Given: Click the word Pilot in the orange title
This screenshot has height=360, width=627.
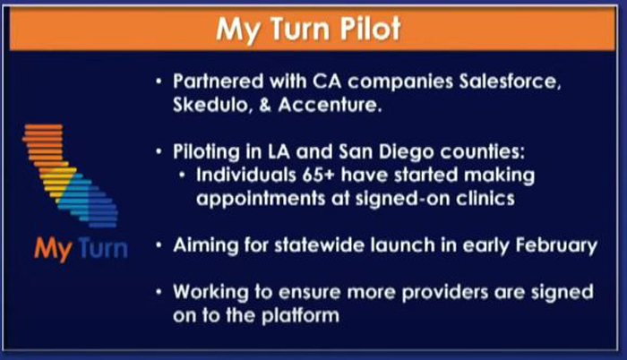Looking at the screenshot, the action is click(369, 29).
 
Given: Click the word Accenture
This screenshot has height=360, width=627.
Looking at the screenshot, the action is click(330, 105).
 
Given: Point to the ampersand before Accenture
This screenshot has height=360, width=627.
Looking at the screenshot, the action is click(265, 105).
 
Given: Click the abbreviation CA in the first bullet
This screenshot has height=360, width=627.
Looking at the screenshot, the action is click(327, 81).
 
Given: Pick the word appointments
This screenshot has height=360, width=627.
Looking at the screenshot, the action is click(261, 199).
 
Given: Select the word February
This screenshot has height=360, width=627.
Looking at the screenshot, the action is click(556, 245).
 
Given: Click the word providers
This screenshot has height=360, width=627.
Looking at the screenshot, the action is click(444, 293).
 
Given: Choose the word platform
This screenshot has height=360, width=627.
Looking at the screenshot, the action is click(301, 316).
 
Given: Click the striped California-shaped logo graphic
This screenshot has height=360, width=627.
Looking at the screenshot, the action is click(71, 176).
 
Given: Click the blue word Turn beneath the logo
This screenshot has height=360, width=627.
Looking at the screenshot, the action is click(103, 248).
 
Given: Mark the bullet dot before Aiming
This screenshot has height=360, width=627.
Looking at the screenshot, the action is click(159, 245).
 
